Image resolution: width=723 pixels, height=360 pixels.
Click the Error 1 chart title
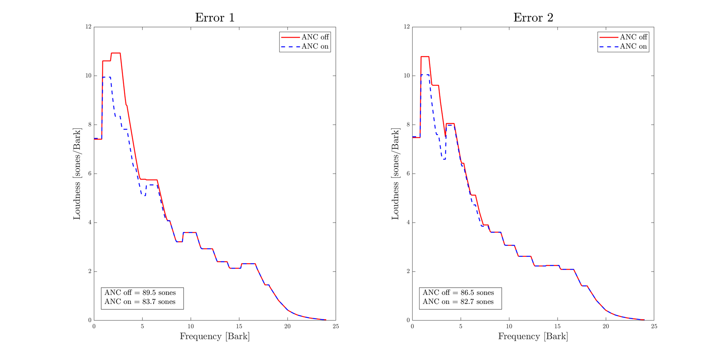(x=215, y=18)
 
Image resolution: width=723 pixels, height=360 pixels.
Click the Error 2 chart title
(x=533, y=18)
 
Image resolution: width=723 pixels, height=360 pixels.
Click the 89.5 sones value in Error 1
(x=159, y=293)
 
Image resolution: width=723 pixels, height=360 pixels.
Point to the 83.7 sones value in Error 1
(x=159, y=302)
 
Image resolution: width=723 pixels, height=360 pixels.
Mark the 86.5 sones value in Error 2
(x=477, y=293)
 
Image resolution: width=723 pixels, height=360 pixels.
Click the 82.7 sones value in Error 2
(x=477, y=302)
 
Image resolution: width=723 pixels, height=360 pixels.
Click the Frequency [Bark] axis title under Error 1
(x=215, y=336)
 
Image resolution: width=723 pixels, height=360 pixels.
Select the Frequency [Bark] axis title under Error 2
(x=533, y=336)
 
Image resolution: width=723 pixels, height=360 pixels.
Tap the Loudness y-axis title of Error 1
(x=77, y=174)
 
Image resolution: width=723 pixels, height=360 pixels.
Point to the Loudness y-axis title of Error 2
(x=395, y=174)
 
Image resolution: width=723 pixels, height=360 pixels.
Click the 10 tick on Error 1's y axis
(x=88, y=76)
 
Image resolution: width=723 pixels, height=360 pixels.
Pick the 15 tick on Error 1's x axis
(x=239, y=326)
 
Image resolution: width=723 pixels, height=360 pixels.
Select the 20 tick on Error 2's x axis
(x=606, y=326)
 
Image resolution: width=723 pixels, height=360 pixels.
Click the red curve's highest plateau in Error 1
(x=116, y=53)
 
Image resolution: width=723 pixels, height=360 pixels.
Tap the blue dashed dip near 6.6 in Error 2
(x=444, y=159)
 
